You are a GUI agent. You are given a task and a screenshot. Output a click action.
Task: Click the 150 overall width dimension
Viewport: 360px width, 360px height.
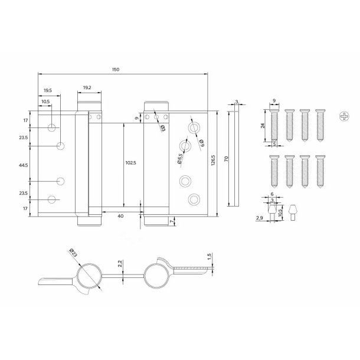tap(116, 70)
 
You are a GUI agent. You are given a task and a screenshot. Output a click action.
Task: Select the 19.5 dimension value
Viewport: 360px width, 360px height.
tap(48, 90)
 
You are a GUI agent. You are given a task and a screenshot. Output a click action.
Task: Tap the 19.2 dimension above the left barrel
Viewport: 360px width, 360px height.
tap(87, 87)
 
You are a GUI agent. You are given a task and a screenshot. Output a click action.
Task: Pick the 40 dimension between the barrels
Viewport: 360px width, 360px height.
tap(120, 216)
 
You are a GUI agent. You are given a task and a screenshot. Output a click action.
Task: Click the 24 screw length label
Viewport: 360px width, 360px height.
tap(261, 125)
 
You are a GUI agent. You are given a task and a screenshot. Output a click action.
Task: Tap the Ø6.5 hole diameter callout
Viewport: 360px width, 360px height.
tap(176, 158)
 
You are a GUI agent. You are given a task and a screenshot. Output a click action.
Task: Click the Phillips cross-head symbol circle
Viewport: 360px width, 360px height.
tap(345, 116)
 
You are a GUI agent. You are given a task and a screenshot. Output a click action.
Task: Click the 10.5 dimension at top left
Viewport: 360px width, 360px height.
tap(45, 102)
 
